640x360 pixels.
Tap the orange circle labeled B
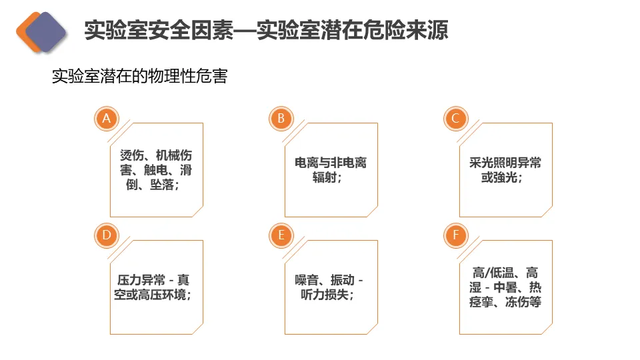(281, 119)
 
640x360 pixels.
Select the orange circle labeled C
(455, 119)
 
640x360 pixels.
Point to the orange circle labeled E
(281, 235)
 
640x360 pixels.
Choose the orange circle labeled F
(455, 235)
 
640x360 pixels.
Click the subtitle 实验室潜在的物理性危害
(140, 76)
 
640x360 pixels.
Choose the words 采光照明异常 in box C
(500, 163)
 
